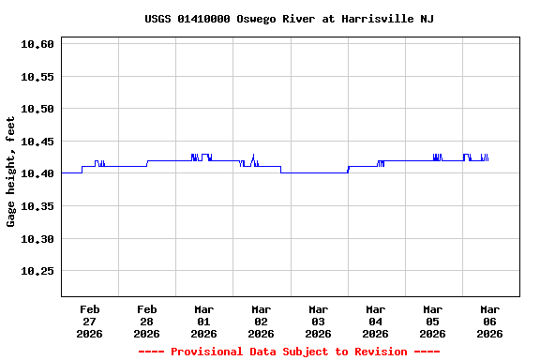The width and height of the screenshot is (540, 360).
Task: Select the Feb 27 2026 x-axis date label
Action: click(x=90, y=321)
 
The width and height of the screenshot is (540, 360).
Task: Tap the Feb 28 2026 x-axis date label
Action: click(x=147, y=321)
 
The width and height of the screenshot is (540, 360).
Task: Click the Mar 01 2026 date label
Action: click(x=204, y=321)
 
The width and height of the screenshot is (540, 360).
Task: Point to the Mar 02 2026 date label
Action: click(x=262, y=321)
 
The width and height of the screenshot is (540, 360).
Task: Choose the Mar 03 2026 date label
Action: click(x=319, y=321)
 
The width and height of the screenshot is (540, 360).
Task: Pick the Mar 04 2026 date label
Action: click(x=376, y=321)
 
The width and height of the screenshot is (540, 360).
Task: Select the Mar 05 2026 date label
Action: click(x=433, y=321)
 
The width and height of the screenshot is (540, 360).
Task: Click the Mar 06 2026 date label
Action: click(x=489, y=321)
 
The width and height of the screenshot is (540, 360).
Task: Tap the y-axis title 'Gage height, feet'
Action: click(x=11, y=172)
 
